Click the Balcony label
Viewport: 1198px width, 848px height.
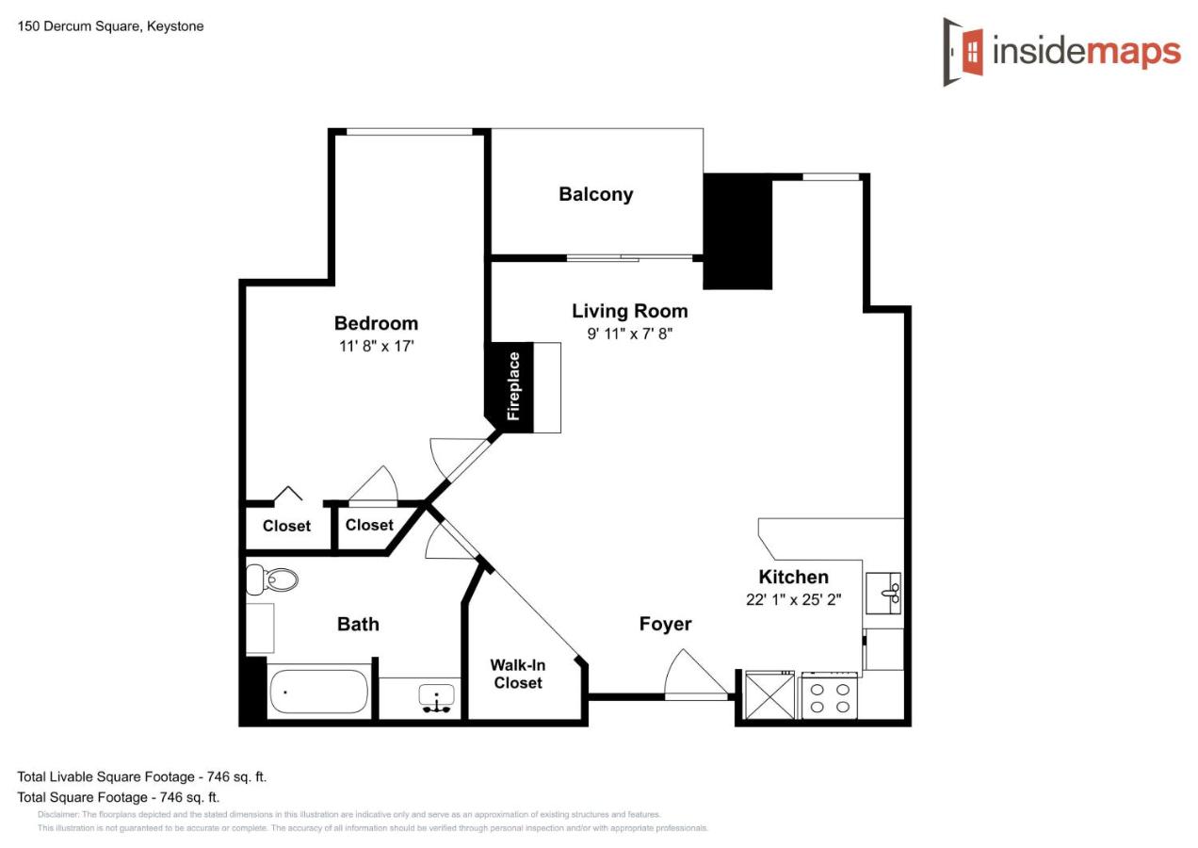[596, 194]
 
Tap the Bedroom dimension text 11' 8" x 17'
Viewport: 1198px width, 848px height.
[377, 346]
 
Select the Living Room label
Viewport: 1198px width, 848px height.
[629, 311]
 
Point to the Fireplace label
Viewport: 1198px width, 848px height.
[513, 386]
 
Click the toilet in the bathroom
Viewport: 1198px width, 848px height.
[271, 579]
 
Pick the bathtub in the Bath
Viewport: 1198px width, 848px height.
[318, 692]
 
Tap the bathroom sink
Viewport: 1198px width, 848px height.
[436, 698]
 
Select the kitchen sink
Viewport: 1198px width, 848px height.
[883, 593]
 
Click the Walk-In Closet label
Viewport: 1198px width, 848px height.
[518, 674]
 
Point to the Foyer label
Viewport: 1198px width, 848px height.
[665, 624]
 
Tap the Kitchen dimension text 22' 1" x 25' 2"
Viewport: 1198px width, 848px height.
[794, 600]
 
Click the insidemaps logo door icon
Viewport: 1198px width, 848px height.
[963, 52]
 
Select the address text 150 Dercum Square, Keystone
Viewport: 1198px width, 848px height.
[111, 26]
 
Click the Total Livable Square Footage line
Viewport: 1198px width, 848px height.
[141, 776]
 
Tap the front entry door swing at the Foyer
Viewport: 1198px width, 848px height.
[696, 674]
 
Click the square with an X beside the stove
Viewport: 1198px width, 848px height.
[770, 696]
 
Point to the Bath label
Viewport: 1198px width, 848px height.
[358, 625]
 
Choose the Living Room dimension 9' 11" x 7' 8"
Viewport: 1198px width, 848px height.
[629, 334]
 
